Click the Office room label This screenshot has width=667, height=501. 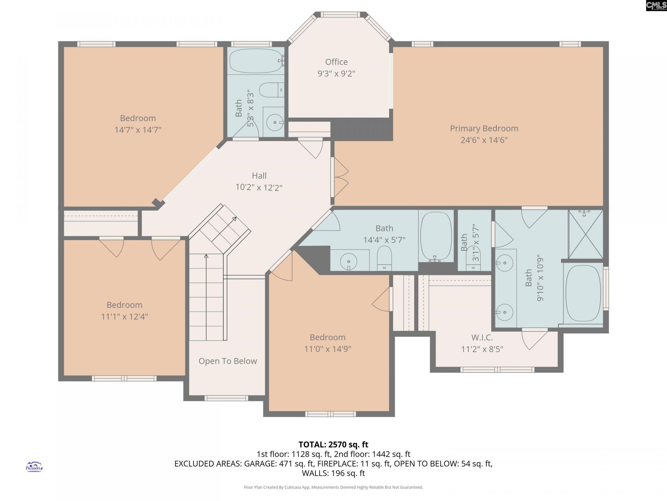[x=336, y=62]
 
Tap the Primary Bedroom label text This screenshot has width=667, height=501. [x=484, y=128]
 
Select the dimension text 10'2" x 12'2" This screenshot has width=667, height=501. [x=259, y=188]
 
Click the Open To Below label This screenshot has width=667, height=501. [x=228, y=361]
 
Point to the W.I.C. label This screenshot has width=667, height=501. [x=482, y=337]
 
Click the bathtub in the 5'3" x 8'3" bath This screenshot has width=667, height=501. [x=256, y=61]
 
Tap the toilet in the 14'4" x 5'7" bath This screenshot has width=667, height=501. [x=384, y=259]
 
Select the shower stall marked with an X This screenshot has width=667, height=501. [x=586, y=234]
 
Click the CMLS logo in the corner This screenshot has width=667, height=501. [x=656, y=5]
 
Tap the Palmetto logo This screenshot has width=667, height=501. [x=34, y=467]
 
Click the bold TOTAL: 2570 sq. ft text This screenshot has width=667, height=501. [x=333, y=445]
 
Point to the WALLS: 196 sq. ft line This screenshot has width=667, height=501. [x=333, y=473]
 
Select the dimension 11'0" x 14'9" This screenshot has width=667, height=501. [x=328, y=349]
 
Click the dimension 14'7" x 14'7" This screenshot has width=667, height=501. [x=138, y=130]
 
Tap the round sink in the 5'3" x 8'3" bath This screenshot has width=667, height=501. [x=275, y=122]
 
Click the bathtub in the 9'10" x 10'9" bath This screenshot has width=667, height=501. [x=583, y=293]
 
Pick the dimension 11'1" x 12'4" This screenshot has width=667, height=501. [x=124, y=317]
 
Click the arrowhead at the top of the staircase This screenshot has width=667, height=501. [x=235, y=219]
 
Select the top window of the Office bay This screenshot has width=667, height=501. [x=340, y=15]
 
